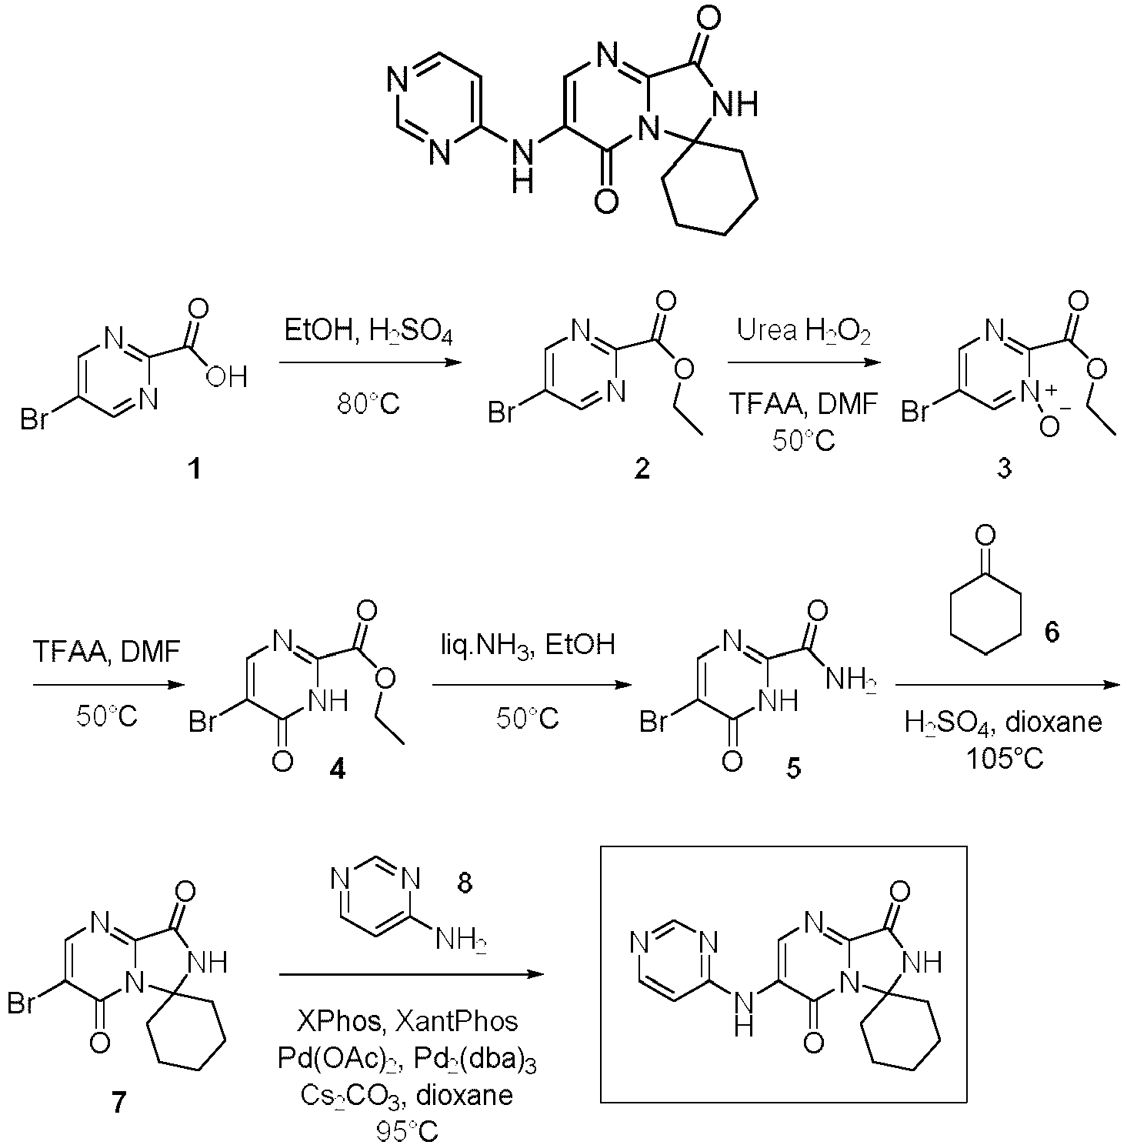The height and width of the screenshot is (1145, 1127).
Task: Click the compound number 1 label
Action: coord(195,468)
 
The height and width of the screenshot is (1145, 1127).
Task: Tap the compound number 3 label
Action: coord(1004,468)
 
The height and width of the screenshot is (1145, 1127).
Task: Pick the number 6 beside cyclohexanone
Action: coord(1051,632)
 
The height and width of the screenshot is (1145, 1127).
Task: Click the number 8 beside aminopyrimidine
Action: coord(465,883)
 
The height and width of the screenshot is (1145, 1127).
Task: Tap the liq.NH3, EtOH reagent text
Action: coord(527,644)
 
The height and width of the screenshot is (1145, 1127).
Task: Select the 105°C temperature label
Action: coord(1005,759)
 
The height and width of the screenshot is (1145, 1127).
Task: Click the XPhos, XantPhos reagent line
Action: coord(407,1020)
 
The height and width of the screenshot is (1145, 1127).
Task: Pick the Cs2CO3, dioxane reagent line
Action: coord(407,1095)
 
